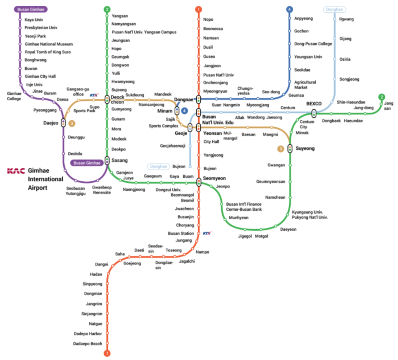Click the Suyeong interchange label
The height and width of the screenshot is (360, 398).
(x=278, y=147)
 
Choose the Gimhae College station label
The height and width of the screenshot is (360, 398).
(x=14, y=97)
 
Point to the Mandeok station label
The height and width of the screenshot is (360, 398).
(x=162, y=93)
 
